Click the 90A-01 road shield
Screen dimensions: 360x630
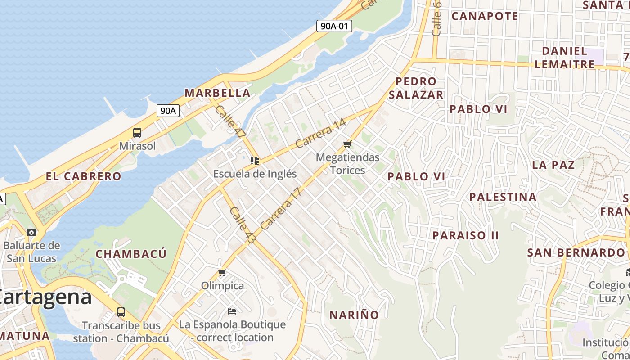[334, 26]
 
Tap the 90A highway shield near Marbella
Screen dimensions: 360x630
[168, 111]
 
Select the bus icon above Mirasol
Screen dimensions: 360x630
[137, 133]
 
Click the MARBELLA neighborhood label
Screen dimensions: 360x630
[217, 93]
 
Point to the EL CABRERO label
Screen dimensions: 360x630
[84, 176]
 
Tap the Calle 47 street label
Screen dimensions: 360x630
[230, 121]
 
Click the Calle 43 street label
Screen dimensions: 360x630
[243, 225]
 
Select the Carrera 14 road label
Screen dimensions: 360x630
[321, 133]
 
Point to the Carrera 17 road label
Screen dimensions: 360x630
[280, 208]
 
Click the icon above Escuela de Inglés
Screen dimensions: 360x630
[255, 160]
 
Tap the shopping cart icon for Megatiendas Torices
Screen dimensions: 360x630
[347, 144]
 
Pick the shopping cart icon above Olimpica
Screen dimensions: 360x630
[222, 272]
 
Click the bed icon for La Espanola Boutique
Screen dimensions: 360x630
[232, 311]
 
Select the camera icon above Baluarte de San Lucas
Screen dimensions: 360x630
[31, 232]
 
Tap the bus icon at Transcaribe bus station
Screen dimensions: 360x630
[121, 312]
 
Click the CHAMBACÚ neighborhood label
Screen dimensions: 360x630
[131, 254]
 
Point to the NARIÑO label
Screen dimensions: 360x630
[354, 315]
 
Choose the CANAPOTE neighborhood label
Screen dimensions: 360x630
[485, 16]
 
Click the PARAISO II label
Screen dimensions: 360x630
[466, 235]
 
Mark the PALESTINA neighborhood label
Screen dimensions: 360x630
[503, 197]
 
